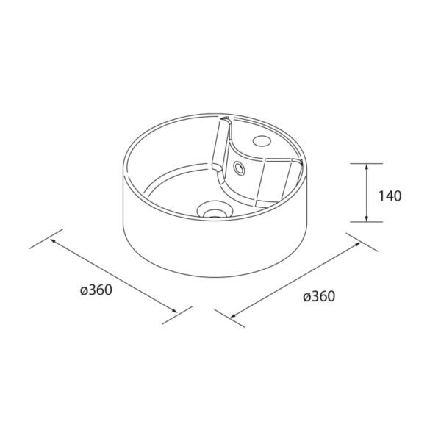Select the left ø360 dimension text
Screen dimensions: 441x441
tap(96, 290)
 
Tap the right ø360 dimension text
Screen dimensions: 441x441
tap(318, 297)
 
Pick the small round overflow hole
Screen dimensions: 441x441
tap(239, 168)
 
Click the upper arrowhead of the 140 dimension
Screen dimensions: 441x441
tap(366, 166)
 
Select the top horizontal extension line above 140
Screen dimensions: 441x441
tap(366, 162)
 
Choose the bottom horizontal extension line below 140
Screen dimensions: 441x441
tap(366, 221)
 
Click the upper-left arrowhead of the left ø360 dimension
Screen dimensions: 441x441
tap(53, 241)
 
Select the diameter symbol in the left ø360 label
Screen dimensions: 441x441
tap(83, 290)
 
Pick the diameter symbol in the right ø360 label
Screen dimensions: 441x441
tap(306, 298)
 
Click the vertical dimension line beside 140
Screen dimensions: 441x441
tap(366, 192)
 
